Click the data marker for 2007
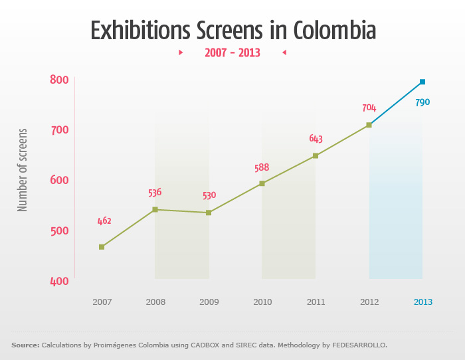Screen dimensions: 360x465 click(x=102, y=247)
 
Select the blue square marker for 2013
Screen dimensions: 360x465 click(x=422, y=82)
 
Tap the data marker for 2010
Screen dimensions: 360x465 click(x=262, y=183)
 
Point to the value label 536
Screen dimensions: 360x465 click(x=155, y=193)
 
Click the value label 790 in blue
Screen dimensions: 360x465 click(x=422, y=102)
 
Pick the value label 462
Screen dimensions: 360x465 click(x=104, y=221)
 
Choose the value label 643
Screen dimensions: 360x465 click(x=316, y=139)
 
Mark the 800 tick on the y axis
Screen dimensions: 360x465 click(x=60, y=80)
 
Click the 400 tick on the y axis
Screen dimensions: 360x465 click(x=60, y=281)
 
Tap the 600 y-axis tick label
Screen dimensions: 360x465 click(x=60, y=181)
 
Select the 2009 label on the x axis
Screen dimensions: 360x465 click(x=209, y=302)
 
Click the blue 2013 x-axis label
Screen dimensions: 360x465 click(x=422, y=302)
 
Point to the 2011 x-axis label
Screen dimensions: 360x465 click(x=316, y=302)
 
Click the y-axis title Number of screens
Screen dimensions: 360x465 click(x=23, y=170)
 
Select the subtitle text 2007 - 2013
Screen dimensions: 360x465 click(x=232, y=52)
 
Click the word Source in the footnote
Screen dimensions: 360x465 click(x=25, y=345)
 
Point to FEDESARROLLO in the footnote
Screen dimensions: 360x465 click(x=355, y=345)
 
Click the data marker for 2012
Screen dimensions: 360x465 click(x=369, y=125)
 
